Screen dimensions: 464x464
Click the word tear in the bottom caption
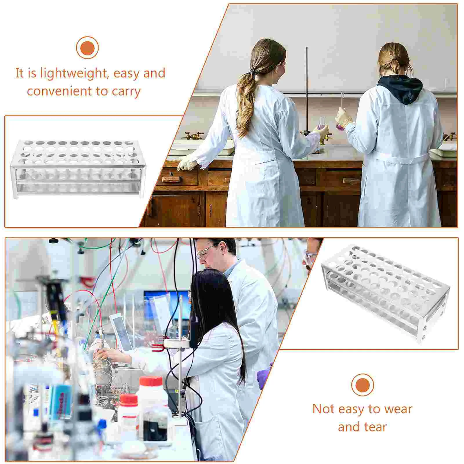(x=376, y=427)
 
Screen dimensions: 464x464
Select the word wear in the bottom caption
(x=398, y=409)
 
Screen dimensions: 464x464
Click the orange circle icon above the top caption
(x=87, y=48)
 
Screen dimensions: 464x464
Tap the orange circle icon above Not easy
(x=362, y=385)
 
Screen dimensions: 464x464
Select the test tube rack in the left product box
(x=78, y=169)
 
